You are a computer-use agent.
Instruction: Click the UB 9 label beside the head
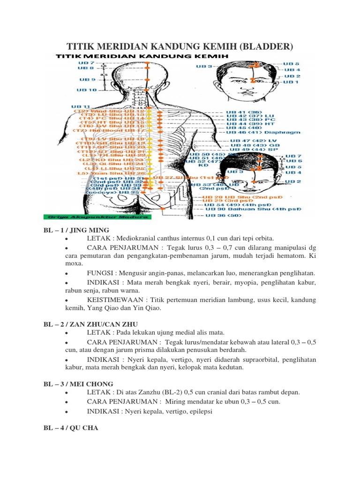click(x=87, y=79)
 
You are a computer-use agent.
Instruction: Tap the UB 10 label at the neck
click(x=87, y=90)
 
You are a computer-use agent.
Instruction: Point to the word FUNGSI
click(x=99, y=273)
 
